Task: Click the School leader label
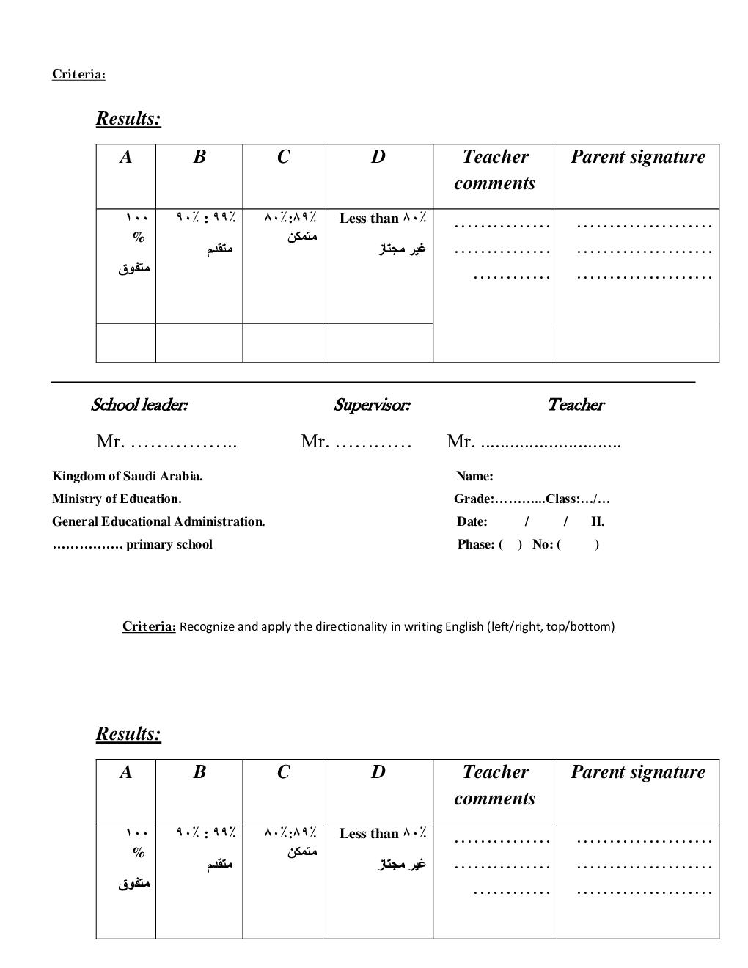point(139,405)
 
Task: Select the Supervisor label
point(372,405)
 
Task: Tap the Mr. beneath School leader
point(110,441)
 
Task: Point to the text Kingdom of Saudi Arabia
point(128,476)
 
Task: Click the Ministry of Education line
point(117,499)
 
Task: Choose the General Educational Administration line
point(158,521)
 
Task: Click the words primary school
point(169,544)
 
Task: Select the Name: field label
point(474,476)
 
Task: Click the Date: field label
point(472,521)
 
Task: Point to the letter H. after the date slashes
point(598,521)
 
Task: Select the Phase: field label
point(476,544)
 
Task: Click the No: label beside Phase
point(543,544)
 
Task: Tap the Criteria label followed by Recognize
point(149,626)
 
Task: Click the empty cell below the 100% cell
point(126,343)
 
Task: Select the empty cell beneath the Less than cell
point(378,343)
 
